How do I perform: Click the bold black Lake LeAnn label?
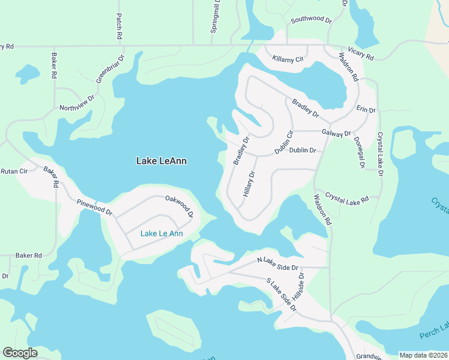pyautogui.click(x=161, y=161)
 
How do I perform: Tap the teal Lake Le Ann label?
pyautogui.click(x=161, y=233)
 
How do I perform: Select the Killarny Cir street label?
pyautogui.click(x=288, y=59)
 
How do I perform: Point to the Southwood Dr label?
pyautogui.click(x=311, y=20)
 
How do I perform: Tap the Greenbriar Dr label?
pyautogui.click(x=110, y=70)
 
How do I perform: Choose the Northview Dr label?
pyautogui.click(x=77, y=103)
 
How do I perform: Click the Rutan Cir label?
pyautogui.click(x=14, y=170)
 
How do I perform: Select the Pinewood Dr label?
pyautogui.click(x=95, y=208)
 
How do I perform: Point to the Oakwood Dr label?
pyautogui.click(x=179, y=206)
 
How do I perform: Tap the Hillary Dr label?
pyautogui.click(x=249, y=184)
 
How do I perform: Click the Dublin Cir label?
pyautogui.click(x=283, y=142)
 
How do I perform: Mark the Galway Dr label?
pyautogui.click(x=336, y=133)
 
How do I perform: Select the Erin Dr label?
pyautogui.click(x=366, y=110)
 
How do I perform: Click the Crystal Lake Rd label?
pyautogui.click(x=346, y=199)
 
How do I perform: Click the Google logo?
pyautogui.click(x=20, y=353)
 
